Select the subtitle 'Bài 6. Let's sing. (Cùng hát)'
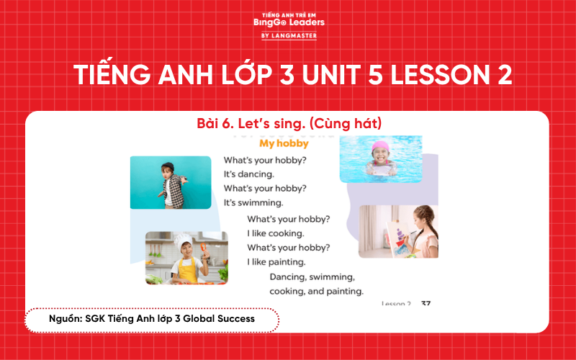[x=289, y=124]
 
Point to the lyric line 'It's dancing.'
[x=249, y=174]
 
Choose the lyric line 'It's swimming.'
[x=253, y=202]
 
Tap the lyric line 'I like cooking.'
[x=276, y=233]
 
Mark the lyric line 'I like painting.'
[x=276, y=261]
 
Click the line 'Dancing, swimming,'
[x=312, y=276]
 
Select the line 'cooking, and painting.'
[x=316, y=292]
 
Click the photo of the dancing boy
[x=171, y=182]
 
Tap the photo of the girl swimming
[x=380, y=159]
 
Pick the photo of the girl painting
[x=398, y=231]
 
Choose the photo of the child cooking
[x=186, y=258]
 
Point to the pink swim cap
[x=381, y=146]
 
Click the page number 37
[x=426, y=304]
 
